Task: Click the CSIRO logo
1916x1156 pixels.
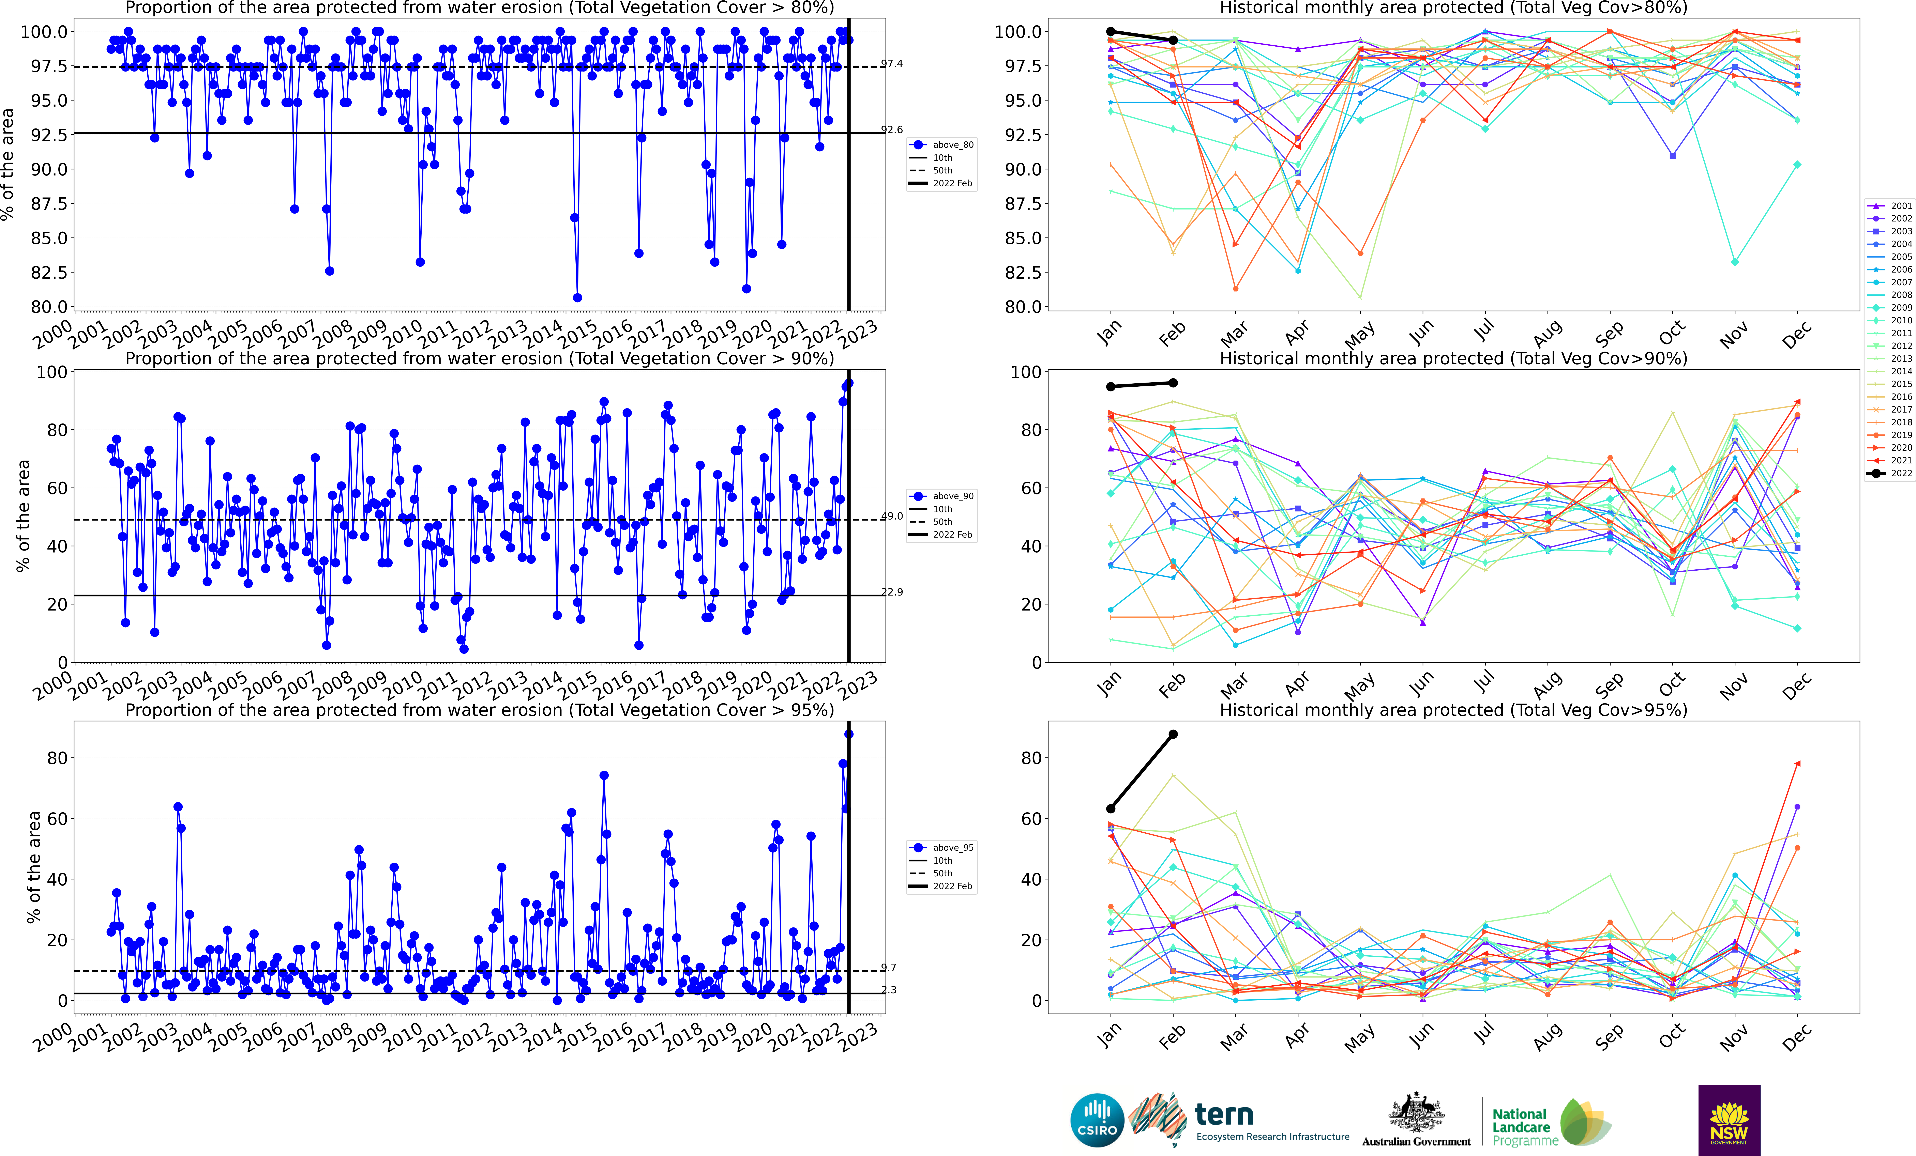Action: pyautogui.click(x=1097, y=1120)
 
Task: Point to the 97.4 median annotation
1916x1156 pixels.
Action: pyautogui.click(x=892, y=64)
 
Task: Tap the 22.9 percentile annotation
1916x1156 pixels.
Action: pyautogui.click(x=892, y=592)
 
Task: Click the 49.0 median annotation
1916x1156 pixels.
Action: pyautogui.click(x=892, y=515)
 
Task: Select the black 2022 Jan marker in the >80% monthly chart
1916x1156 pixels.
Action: pyautogui.click(x=1110, y=31)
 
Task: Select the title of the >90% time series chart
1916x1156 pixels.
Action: pyautogui.click(x=479, y=358)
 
